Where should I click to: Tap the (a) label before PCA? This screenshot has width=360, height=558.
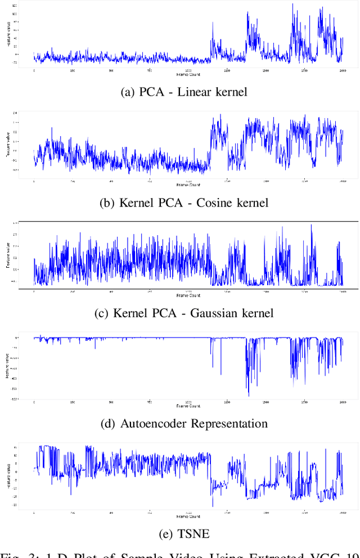click(x=128, y=92)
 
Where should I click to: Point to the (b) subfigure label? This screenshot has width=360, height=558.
click(x=107, y=202)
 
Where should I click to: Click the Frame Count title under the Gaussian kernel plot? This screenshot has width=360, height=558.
click(x=187, y=295)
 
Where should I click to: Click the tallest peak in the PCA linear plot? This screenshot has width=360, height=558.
click(x=292, y=4)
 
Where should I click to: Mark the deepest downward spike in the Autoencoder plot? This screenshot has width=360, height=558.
click(x=248, y=395)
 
